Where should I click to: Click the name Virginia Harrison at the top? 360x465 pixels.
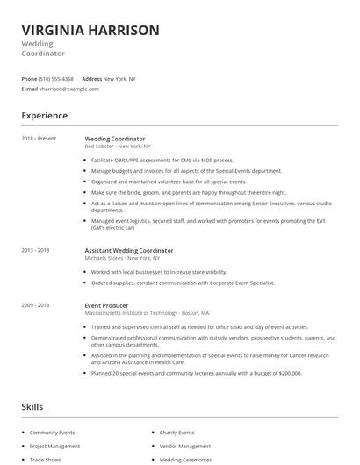pyautogui.click(x=90, y=30)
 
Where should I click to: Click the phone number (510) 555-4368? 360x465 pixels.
pyautogui.click(x=56, y=79)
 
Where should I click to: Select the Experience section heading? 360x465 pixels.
pyautogui.click(x=44, y=115)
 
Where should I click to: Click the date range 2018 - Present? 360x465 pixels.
pyautogui.click(x=39, y=139)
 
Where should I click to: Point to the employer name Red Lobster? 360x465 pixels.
pyautogui.click(x=100, y=146)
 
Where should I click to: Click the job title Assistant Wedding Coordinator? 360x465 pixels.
pyautogui.click(x=128, y=251)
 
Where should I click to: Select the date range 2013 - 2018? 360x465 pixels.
pyautogui.click(x=35, y=251)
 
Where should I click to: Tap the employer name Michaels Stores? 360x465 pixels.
pyautogui.click(x=104, y=258)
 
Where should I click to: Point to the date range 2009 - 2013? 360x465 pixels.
pyautogui.click(x=35, y=305)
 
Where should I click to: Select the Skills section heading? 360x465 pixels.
pyautogui.click(x=32, y=407)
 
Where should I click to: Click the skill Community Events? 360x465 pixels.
pyautogui.click(x=52, y=433)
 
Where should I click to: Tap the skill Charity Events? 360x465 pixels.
pyautogui.click(x=176, y=433)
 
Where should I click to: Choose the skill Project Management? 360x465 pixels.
pyautogui.click(x=54, y=447)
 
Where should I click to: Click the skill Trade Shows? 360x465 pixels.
pyautogui.click(x=45, y=460)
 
